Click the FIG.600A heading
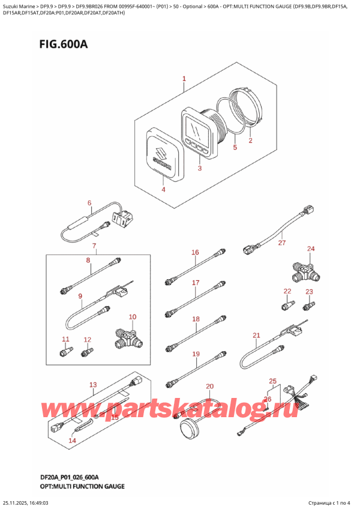(x=64, y=44)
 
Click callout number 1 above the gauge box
(x=184, y=79)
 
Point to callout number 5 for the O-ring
(x=235, y=147)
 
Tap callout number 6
(x=89, y=203)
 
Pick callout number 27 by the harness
(x=282, y=242)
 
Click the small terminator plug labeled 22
(x=288, y=306)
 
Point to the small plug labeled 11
(x=66, y=352)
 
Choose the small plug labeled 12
(x=87, y=352)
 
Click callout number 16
(x=195, y=252)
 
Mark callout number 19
(x=196, y=354)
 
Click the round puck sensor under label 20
(x=189, y=428)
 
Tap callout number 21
(x=256, y=335)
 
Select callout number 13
(x=93, y=385)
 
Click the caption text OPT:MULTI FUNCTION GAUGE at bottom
(x=82, y=486)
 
